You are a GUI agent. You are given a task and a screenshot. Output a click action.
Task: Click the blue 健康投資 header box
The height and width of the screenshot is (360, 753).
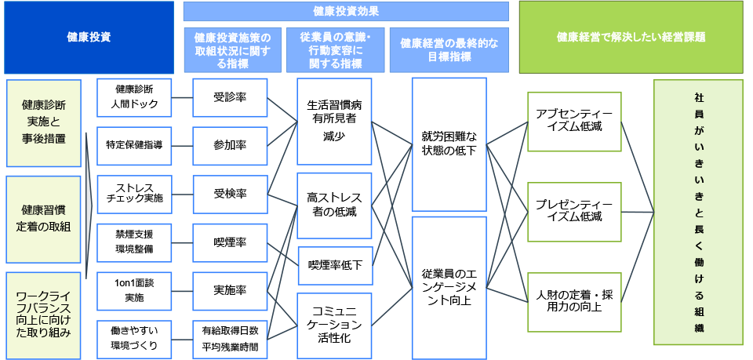tap(88, 37)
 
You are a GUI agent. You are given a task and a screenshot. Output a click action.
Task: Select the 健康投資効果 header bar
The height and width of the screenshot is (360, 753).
tap(346, 10)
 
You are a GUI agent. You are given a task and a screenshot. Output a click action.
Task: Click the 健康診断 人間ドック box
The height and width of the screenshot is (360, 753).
tap(135, 97)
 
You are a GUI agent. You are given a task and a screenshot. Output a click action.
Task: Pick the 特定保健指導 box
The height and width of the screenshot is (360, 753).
tap(135, 146)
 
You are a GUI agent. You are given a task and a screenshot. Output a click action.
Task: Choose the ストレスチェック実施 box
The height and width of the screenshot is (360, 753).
tap(135, 194)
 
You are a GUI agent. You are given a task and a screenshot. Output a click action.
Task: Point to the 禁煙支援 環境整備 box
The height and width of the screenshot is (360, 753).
tap(135, 242)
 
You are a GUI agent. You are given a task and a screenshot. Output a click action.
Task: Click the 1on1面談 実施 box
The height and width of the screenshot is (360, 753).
tap(135, 290)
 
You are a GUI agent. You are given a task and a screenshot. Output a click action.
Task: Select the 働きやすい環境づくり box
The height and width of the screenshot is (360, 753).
tap(135, 339)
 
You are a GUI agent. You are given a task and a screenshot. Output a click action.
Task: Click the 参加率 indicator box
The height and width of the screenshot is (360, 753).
tap(230, 146)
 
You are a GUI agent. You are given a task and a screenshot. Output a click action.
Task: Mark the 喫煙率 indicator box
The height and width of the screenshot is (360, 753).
tap(230, 242)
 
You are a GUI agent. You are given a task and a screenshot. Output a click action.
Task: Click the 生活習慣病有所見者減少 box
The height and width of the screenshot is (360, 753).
tap(334, 121)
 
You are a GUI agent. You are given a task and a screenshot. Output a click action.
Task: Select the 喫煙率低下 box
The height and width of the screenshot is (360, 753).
tap(334, 265)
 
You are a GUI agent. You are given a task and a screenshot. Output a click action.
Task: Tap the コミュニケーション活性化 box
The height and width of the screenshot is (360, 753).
tap(334, 325)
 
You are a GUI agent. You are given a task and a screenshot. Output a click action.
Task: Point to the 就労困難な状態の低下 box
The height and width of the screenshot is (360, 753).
tap(449, 144)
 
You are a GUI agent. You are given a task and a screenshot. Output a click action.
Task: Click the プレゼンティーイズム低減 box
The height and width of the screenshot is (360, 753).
tap(574, 212)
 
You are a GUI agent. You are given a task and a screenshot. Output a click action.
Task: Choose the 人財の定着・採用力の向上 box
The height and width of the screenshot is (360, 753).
tap(574, 301)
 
